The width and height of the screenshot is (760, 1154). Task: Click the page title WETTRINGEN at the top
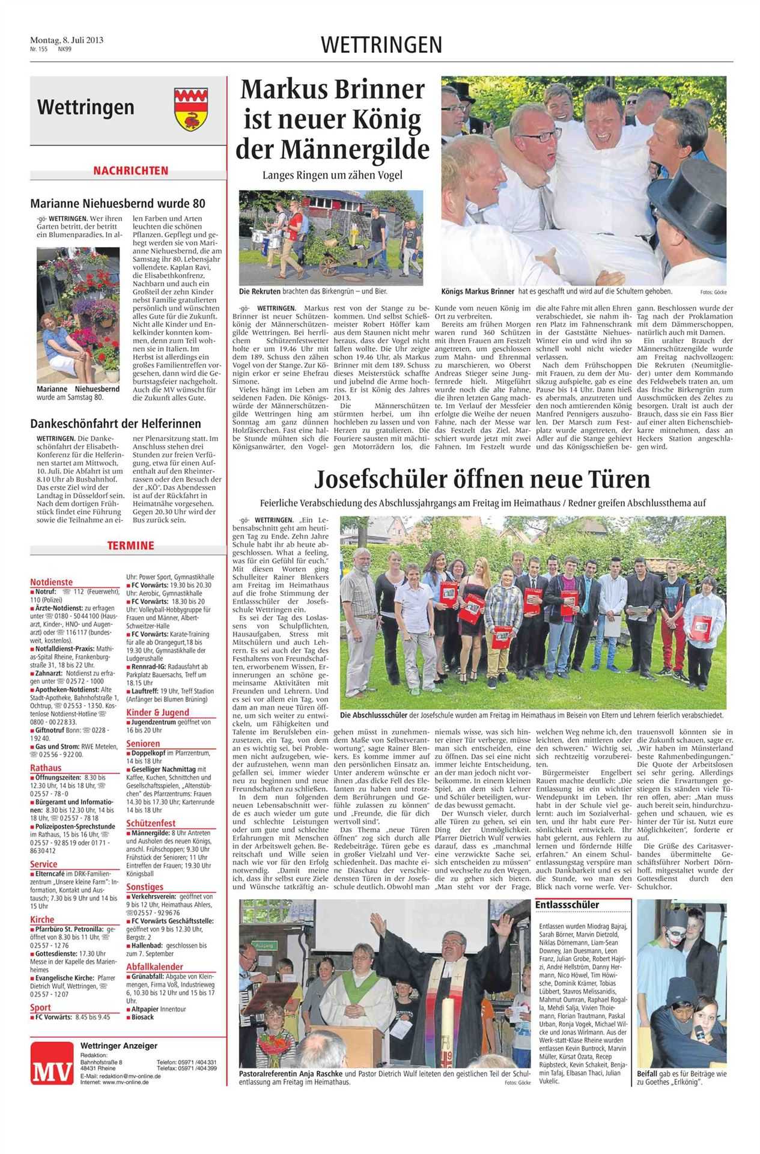point(382,44)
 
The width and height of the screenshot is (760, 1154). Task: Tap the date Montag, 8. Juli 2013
point(67,40)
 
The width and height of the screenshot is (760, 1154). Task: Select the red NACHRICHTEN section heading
point(130,171)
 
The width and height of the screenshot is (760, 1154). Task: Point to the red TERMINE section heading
point(130,546)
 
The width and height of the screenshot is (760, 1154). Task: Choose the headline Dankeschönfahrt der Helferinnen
point(115,424)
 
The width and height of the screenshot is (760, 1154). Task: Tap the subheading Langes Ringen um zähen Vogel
point(332,176)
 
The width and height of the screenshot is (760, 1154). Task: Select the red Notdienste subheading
point(51,582)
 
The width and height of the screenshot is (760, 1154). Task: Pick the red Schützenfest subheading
point(151,823)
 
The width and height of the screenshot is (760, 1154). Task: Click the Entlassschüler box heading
point(567,905)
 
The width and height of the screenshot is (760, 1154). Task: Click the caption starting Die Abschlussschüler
point(531,716)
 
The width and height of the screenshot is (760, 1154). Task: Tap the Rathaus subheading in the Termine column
point(46,768)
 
